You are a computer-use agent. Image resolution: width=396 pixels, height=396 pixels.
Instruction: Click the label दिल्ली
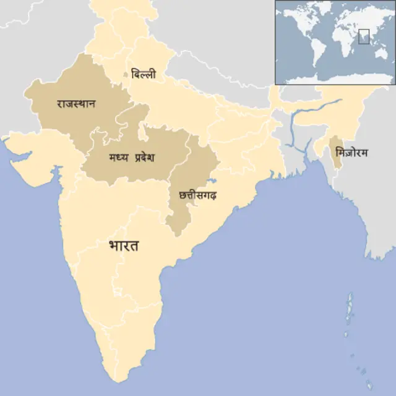tap(144, 74)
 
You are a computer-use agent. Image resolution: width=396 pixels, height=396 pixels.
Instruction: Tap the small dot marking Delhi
tap(126, 75)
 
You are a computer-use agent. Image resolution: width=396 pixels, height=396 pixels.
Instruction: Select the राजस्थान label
tap(75, 103)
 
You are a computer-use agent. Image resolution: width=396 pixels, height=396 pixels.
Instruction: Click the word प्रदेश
tap(140, 158)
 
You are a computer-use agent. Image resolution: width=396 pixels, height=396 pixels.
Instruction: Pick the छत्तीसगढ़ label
tap(197, 196)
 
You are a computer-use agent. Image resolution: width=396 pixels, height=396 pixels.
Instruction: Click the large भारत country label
tap(123, 246)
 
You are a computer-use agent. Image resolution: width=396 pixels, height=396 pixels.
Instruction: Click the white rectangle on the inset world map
tap(364, 35)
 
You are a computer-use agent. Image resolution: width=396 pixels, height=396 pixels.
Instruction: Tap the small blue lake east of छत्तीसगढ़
tap(211, 182)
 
